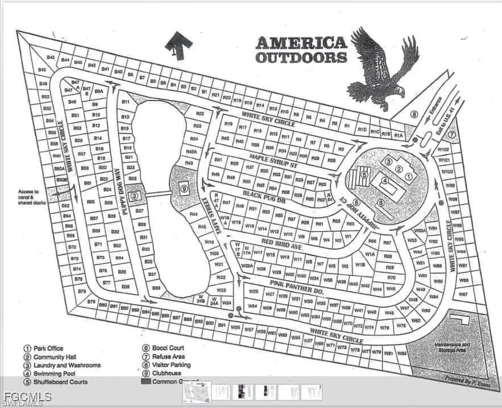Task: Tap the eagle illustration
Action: [382, 68]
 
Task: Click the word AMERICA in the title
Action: [301, 42]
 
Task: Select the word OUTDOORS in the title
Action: [301, 57]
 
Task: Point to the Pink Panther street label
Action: [298, 286]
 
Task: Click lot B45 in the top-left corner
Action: [50, 58]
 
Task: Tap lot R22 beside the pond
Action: [200, 113]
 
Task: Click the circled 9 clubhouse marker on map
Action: [184, 187]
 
